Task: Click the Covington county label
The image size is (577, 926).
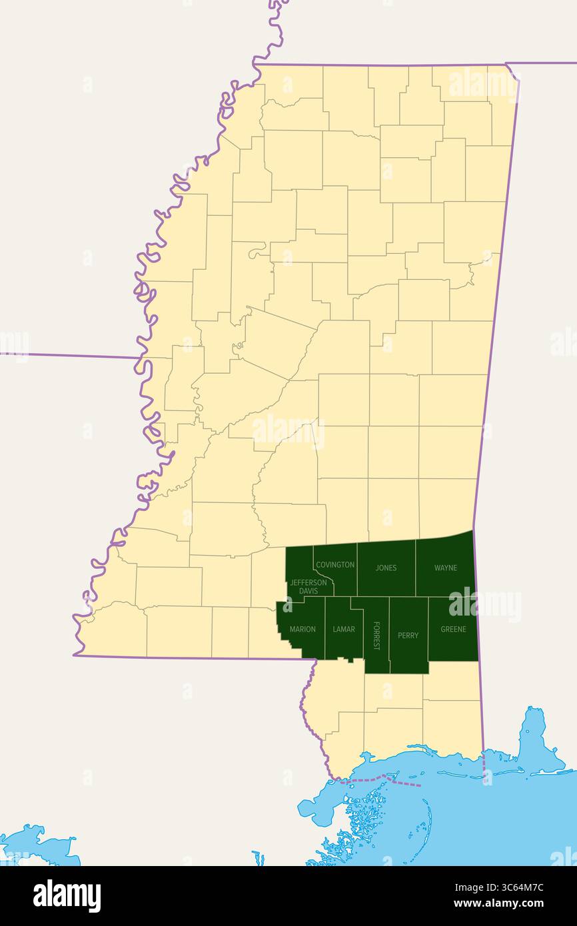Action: tap(335, 565)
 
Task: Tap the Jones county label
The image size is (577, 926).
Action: tap(386, 568)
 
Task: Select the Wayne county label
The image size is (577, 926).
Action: tap(446, 568)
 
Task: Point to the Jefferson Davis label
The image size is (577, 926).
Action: tap(308, 587)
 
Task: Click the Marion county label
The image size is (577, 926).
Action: tap(302, 630)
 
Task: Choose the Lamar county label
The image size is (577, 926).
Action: tap(344, 630)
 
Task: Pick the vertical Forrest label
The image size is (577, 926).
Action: tap(376, 635)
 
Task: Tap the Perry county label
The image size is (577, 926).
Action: tap(408, 636)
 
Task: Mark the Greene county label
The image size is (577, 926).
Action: tap(453, 630)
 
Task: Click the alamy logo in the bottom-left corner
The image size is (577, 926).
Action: tap(67, 895)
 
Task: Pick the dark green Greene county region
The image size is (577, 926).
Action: tap(453, 646)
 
